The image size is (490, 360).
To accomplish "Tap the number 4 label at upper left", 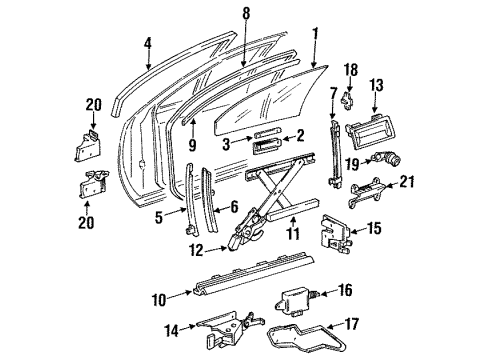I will coord(147,43).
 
